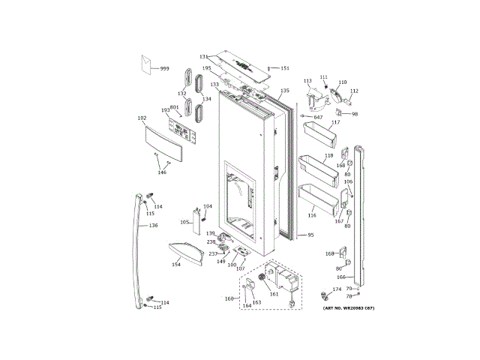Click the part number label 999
coord(164,68)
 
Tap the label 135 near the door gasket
coord(284,91)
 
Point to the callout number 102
coord(142,118)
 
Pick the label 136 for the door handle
coord(152,225)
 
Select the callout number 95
coord(310,235)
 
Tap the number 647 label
coord(318,117)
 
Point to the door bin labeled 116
coord(317,199)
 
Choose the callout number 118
coord(328,156)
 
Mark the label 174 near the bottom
coord(337,289)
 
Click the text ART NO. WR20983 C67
coord(348,308)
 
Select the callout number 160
coord(229,298)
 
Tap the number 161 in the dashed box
coord(274,293)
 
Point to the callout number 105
coord(184,222)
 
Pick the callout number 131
coord(203,57)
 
